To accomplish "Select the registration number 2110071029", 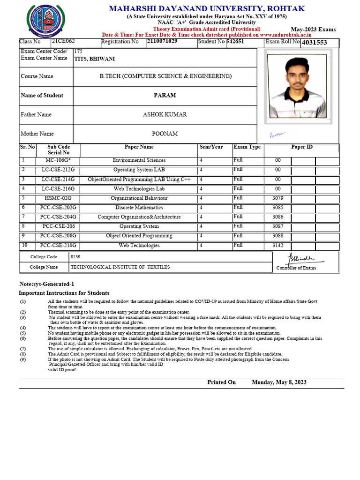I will tap(162, 42).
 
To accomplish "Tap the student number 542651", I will tap(235, 42).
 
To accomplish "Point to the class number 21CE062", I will tap(57, 42).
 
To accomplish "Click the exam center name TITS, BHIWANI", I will tap(94, 59).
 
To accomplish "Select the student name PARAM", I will tap(165, 96).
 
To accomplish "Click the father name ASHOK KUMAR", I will tap(165, 115).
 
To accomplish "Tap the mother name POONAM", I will tap(165, 134).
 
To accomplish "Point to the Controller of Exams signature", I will tap(300, 259).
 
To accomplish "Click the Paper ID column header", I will tap(302, 147).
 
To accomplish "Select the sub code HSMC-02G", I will tap(58, 198).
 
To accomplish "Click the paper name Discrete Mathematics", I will tap(139, 208).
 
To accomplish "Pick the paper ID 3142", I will tap(278, 245).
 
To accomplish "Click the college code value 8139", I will tap(75, 257).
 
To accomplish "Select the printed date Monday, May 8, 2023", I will tap(279, 382).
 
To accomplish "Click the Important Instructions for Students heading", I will tap(64, 293).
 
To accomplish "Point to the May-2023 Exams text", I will tap(313, 30).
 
